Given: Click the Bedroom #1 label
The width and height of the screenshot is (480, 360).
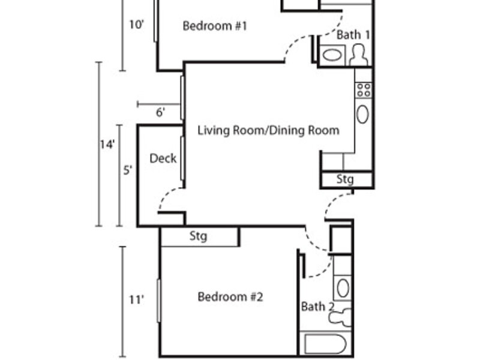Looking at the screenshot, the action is [215, 26].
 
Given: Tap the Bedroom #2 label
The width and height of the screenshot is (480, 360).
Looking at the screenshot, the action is [230, 296].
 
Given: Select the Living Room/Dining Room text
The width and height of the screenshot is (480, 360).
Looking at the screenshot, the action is [268, 130].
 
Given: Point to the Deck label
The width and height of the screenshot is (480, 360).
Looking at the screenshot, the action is [163, 158].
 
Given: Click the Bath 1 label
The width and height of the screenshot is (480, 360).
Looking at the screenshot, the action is [353, 35].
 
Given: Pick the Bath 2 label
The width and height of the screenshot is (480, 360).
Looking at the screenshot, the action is [317, 307].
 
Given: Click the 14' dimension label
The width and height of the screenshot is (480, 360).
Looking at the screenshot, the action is [107, 144].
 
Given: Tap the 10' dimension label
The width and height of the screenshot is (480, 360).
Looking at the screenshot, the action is [136, 25].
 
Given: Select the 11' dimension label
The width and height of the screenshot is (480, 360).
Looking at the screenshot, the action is [136, 299].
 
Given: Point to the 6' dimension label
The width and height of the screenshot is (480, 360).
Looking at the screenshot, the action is [160, 112].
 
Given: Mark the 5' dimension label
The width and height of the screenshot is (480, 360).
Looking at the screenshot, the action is [128, 170].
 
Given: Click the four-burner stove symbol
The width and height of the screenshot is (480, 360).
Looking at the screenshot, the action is [364, 90].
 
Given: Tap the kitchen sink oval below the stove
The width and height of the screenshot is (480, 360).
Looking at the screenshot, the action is [362, 114].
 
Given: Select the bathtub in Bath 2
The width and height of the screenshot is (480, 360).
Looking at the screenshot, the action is [325, 344].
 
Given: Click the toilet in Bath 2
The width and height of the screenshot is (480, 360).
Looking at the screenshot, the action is [340, 317].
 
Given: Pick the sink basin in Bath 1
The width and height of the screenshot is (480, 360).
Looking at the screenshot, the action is [332, 55].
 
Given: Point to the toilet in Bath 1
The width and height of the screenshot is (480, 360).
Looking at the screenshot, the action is [358, 55].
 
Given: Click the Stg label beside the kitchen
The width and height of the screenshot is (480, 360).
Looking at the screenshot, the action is [345, 179].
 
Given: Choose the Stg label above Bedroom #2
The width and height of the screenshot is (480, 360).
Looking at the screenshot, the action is [198, 236].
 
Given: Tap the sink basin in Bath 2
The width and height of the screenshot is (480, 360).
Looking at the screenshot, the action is [343, 288].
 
